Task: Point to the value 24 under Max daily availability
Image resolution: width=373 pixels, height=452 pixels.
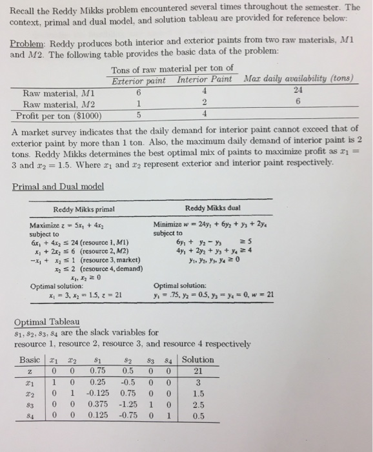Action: [298, 91]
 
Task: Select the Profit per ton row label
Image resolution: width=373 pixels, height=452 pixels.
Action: [55, 116]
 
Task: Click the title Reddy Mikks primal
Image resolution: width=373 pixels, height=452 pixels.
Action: [81, 208]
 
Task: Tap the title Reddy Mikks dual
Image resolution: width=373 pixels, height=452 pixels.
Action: [214, 208]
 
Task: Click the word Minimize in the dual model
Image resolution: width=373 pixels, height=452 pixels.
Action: [170, 225]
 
